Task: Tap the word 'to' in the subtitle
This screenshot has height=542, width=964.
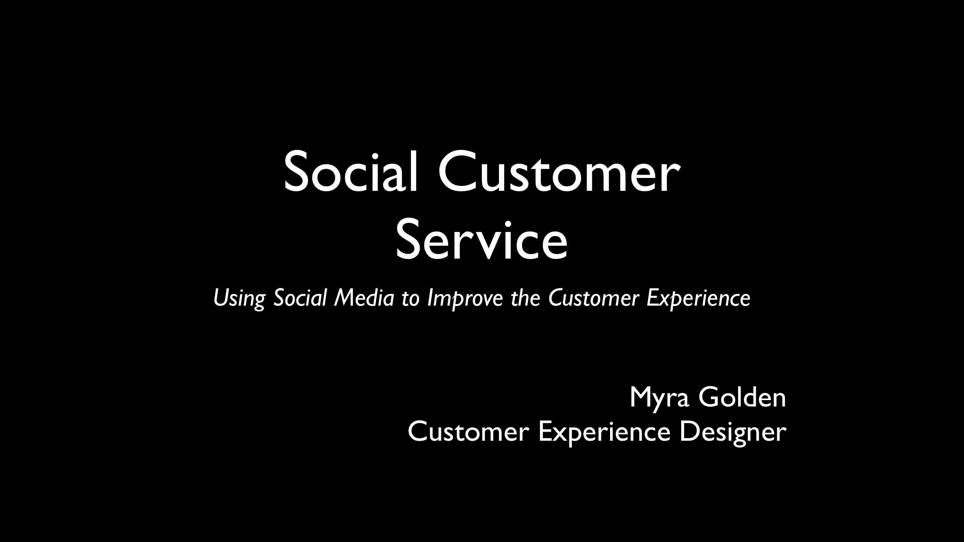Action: (x=410, y=299)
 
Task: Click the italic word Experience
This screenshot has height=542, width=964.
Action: (x=699, y=299)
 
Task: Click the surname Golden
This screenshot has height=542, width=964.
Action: (x=743, y=397)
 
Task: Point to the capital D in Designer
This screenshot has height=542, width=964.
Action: (x=688, y=432)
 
